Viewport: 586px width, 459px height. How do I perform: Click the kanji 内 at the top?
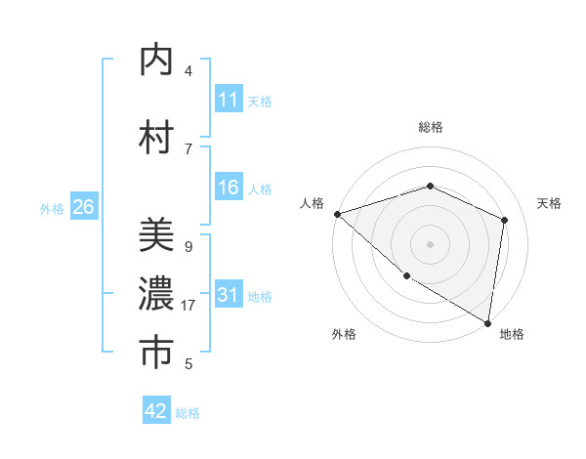coord(156,60)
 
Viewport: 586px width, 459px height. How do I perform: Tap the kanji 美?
coord(156,236)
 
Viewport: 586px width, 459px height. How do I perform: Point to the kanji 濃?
coord(156,294)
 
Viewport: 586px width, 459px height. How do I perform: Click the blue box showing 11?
coord(229,100)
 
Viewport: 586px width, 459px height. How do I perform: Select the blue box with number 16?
coord(229,188)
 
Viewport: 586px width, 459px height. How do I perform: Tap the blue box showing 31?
coord(229,296)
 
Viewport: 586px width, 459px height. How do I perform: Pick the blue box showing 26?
coord(84,207)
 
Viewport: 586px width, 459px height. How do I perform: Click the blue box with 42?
coord(156,411)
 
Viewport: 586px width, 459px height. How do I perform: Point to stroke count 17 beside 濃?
coord(188,306)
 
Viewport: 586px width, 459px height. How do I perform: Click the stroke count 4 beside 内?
coord(188,71)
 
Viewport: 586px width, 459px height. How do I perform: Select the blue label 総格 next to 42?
coord(188,413)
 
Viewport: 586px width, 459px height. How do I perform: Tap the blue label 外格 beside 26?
coord(52,208)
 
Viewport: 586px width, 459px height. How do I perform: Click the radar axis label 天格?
coord(549,203)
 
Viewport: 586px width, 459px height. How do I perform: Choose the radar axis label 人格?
coord(312,203)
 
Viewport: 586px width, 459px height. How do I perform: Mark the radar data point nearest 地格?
coord(487,322)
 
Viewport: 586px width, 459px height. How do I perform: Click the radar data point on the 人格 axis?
coord(337,214)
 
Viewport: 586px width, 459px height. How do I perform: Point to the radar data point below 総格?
coord(430,186)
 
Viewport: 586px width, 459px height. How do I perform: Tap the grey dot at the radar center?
coord(430,243)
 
